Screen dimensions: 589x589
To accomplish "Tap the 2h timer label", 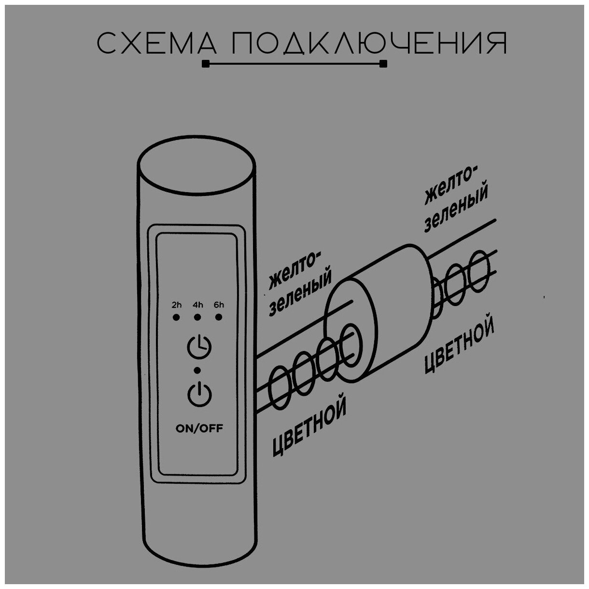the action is coord(176,305).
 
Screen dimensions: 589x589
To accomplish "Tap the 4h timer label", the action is coord(197,305).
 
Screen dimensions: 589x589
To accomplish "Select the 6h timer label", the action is coord(219,305).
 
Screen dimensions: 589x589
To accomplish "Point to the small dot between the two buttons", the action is coord(196,370).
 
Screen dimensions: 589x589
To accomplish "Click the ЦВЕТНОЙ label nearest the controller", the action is coord(309,427).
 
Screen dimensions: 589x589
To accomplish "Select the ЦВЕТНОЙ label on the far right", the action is coord(460,344).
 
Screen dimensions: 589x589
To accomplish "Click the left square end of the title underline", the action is coord(206,64).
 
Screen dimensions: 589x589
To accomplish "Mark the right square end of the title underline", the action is coord(383,64).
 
